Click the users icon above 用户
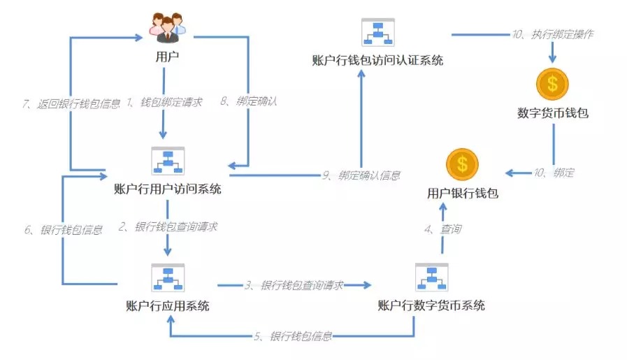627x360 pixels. tap(168, 27)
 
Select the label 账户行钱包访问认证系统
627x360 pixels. tap(377, 60)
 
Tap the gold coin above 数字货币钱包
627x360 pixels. tap(552, 84)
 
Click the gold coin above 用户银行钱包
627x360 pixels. tap(462, 164)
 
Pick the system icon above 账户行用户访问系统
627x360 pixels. tap(168, 161)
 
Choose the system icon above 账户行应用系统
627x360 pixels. tap(168, 278)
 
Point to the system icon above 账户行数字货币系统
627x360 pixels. tap(432, 278)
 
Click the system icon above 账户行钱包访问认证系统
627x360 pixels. tap(378, 32)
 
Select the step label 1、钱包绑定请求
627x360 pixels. tap(164, 102)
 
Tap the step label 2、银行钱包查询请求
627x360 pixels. tap(168, 226)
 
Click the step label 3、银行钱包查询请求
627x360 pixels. tap(294, 285)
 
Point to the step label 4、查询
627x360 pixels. tap(442, 229)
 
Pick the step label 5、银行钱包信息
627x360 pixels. tap(293, 336)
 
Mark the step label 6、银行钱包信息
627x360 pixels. tap(63, 230)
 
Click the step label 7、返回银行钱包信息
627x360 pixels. tap(71, 104)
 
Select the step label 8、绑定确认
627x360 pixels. tap(249, 101)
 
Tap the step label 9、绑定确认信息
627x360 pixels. tap(361, 175)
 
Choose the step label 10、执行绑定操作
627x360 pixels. tap(553, 34)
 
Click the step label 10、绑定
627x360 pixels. tap(554, 173)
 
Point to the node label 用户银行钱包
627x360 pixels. tap(463, 194)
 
